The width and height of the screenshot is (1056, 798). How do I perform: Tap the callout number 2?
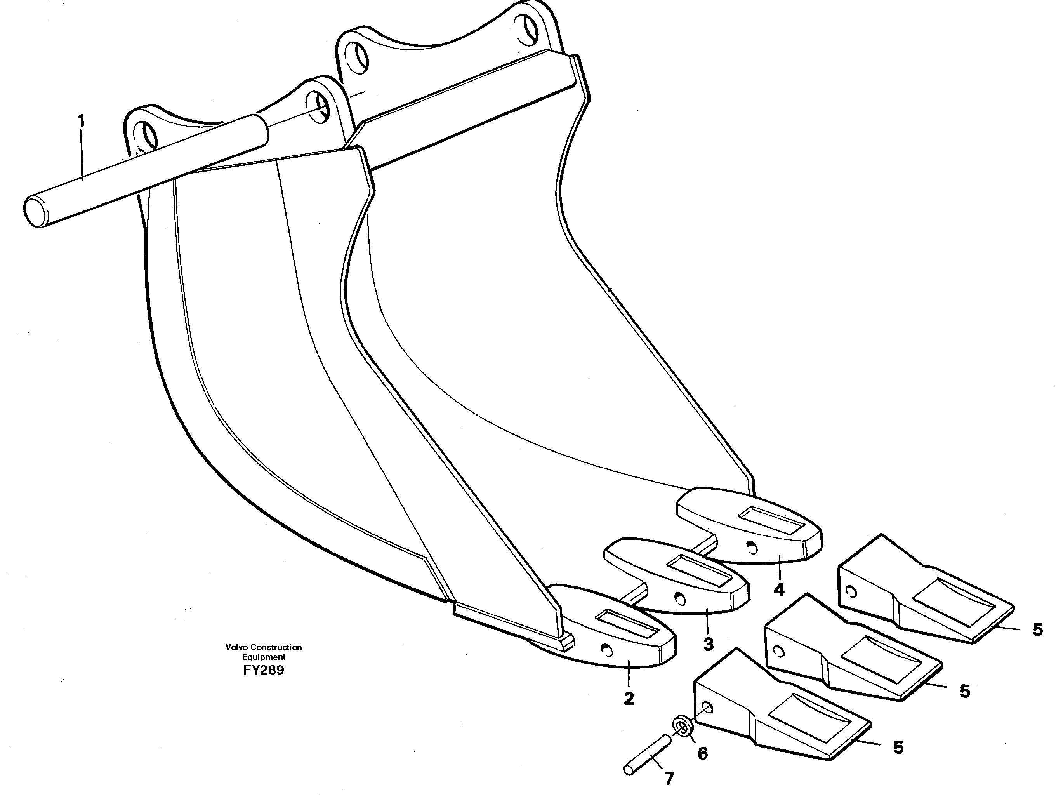tap(629, 698)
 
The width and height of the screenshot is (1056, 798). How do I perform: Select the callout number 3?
tap(708, 644)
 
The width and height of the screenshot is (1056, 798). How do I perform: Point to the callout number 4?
tap(779, 590)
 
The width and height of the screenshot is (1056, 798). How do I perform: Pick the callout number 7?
tap(669, 779)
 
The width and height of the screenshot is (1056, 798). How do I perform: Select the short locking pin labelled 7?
tap(647, 755)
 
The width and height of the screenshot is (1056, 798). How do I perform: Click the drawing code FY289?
tap(263, 670)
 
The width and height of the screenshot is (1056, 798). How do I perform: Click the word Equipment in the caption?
tap(263, 657)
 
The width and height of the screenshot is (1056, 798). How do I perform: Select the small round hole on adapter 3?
tap(679, 598)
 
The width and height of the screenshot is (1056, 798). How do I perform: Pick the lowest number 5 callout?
tap(898, 748)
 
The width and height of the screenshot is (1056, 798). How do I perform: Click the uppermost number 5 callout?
tap(1037, 630)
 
